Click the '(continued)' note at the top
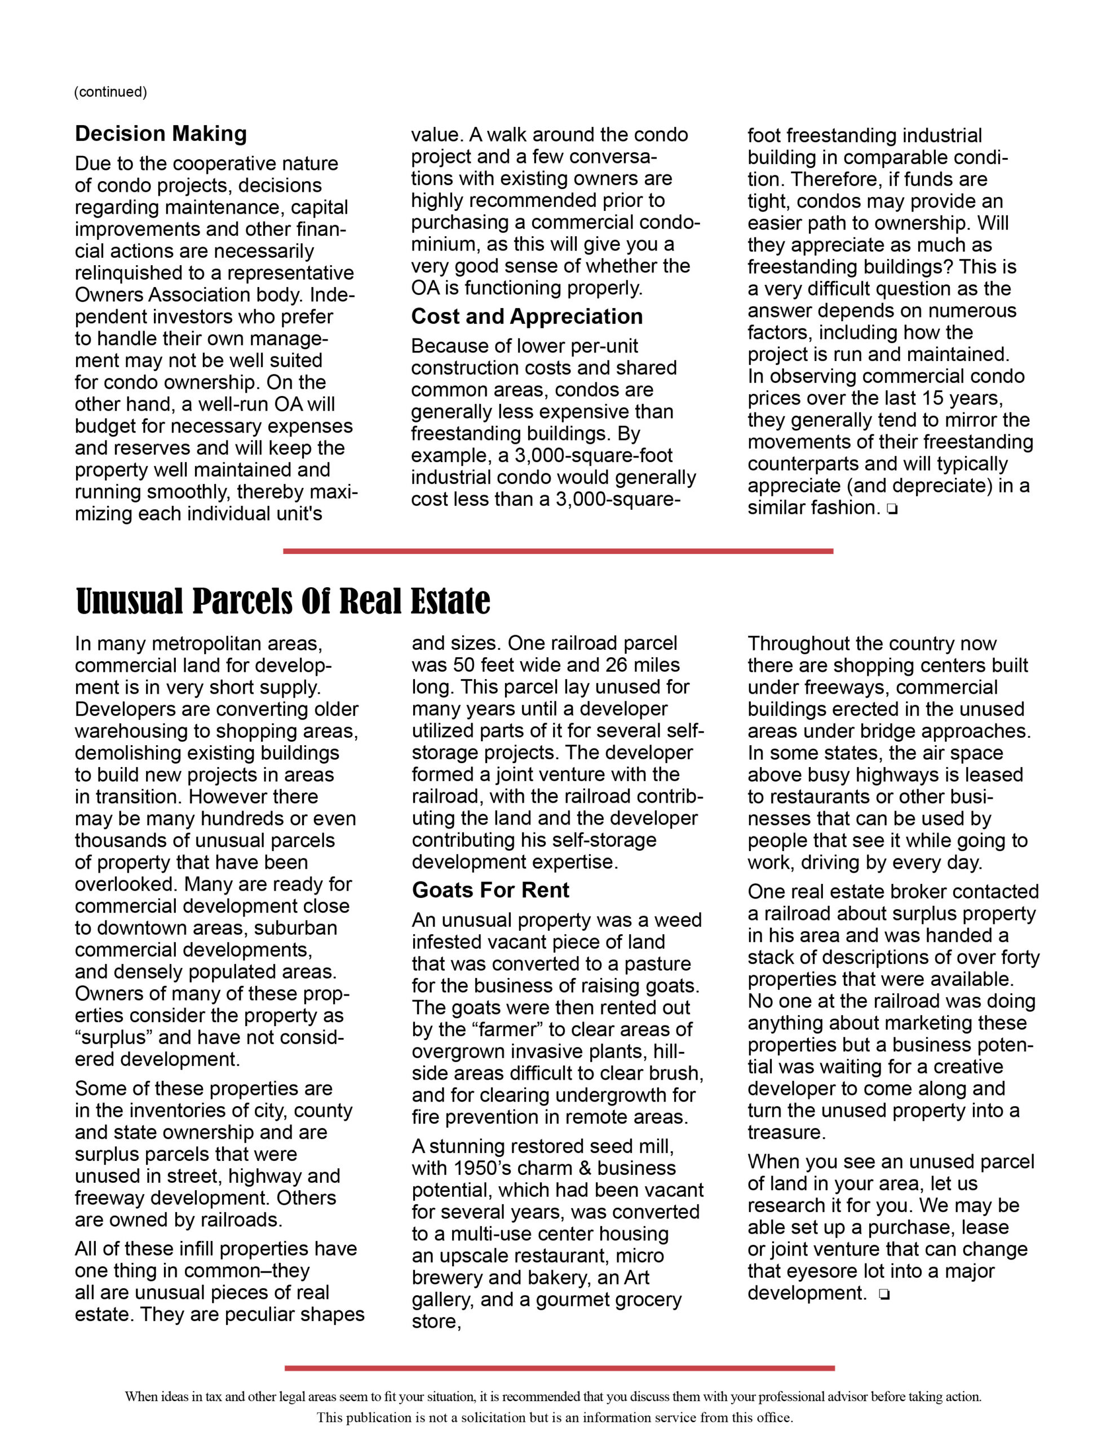pos(110,92)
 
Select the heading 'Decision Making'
pos(161,134)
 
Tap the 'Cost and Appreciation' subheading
pos(526,316)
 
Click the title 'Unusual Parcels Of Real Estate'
pos(283,601)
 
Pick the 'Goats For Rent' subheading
pos(490,891)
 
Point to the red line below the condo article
pos(558,551)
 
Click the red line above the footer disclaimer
pos(559,1368)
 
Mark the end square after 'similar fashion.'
pos(893,510)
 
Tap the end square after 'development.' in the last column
pos(884,1295)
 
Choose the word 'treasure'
pos(786,1133)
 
